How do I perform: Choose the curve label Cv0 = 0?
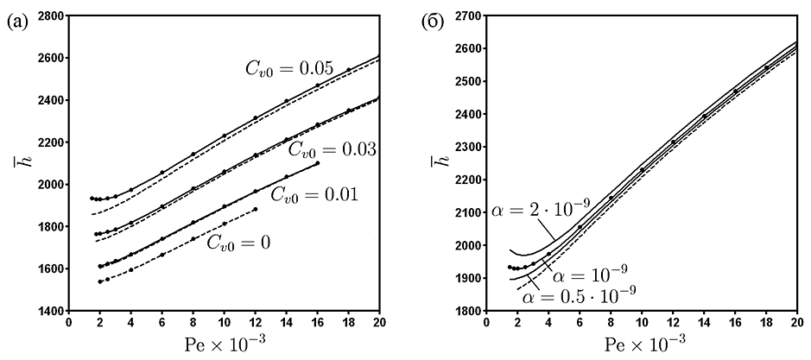(238, 243)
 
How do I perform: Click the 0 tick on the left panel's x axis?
(69, 323)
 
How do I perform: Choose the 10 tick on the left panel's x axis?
(224, 323)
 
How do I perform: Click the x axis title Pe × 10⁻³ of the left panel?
(224, 344)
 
